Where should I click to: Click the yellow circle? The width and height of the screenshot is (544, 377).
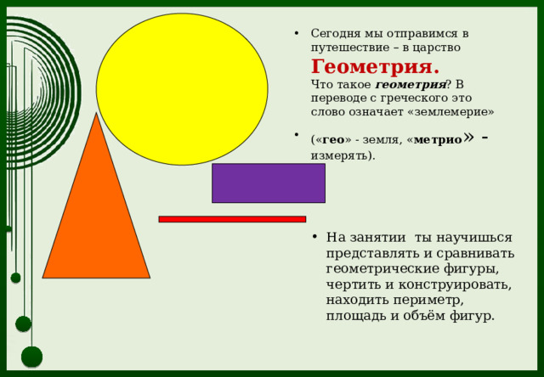pyautogui.click(x=182, y=88)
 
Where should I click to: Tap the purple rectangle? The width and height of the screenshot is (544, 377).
pyautogui.click(x=268, y=183)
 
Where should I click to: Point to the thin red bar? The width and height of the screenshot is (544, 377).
pyautogui.click(x=232, y=219)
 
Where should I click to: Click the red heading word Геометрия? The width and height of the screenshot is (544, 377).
pyautogui.click(x=375, y=67)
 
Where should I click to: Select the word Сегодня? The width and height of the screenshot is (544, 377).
pyautogui.click(x=337, y=33)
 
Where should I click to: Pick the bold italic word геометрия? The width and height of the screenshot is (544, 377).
pyautogui.click(x=410, y=85)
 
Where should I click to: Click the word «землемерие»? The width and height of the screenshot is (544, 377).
pyautogui.click(x=453, y=111)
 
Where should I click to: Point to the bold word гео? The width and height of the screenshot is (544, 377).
pyautogui.click(x=334, y=139)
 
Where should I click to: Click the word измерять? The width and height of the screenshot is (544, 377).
pyautogui.click(x=341, y=155)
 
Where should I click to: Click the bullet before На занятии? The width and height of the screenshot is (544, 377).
pyautogui.click(x=314, y=238)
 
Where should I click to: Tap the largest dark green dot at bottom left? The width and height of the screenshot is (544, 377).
pyautogui.click(x=31, y=357)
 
